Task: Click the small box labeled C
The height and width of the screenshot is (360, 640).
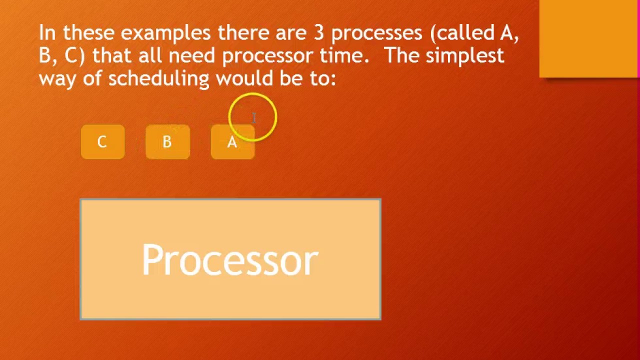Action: [102, 142]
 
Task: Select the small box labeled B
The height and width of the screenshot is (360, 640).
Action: [167, 142]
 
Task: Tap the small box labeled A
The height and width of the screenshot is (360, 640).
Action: [232, 142]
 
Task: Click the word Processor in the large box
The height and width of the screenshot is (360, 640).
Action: [230, 259]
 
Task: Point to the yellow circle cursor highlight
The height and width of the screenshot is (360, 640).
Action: [252, 117]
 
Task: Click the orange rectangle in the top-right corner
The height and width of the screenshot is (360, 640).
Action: [588, 38]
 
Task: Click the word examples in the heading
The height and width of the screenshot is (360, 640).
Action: [165, 33]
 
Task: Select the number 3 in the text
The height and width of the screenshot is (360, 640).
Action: [318, 33]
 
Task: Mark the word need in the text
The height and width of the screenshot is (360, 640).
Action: [192, 55]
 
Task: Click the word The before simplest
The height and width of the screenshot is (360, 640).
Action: [402, 55]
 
